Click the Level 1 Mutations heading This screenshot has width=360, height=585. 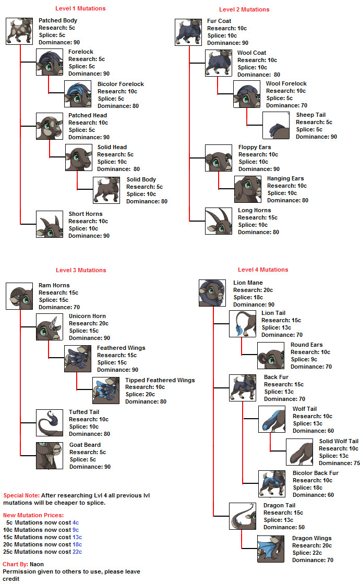click(80, 8)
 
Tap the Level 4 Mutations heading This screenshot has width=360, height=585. click(263, 270)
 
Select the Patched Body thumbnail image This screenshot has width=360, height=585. click(19, 31)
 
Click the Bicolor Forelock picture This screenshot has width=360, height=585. click(78, 94)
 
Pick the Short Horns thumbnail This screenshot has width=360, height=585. click(49, 224)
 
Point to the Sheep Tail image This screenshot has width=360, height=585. click(276, 125)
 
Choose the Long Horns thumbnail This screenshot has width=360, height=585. click(219, 221)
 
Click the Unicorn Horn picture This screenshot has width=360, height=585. click(49, 327)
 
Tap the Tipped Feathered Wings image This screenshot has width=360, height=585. click(106, 391)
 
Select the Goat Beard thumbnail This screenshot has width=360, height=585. click(49, 455)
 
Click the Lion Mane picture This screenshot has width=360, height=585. click(212, 293)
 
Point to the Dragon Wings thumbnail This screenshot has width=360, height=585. click(271, 549)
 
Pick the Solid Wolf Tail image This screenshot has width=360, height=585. click(299, 452)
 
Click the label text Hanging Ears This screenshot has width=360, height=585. click(285, 178)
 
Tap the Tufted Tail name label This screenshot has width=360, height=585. click(84, 412)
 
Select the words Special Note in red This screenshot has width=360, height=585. click(21, 495)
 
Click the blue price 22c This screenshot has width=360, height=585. click(77, 552)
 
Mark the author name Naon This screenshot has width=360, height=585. click(37, 564)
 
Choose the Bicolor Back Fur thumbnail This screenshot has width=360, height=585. click(272, 483)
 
